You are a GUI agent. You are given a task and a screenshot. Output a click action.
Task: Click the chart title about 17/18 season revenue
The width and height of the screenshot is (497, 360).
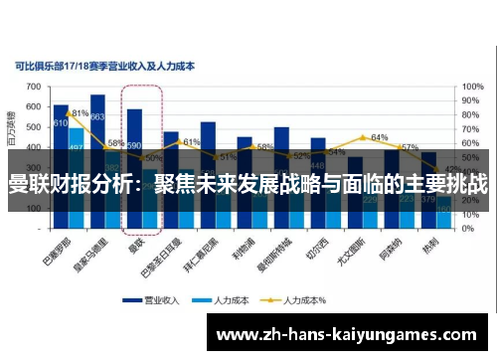105,67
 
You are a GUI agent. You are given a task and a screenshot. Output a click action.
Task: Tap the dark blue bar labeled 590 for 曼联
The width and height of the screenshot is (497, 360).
134,129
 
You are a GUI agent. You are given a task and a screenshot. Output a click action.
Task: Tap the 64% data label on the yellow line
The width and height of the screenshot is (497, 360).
379,137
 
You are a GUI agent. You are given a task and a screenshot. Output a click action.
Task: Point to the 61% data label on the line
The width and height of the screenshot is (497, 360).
192,142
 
